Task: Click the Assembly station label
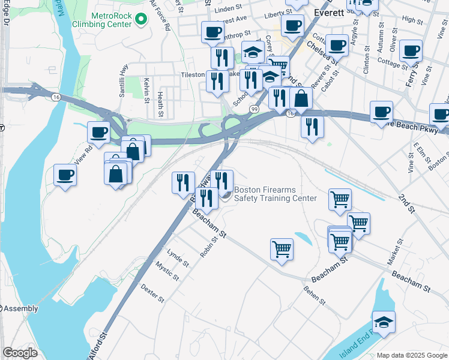coord(22,308)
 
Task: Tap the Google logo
coord(20,353)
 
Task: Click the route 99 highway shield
coord(255,109)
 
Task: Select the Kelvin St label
coord(146,90)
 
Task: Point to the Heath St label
coord(161,103)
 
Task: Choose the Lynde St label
coord(178,258)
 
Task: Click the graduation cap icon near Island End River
coord(384,322)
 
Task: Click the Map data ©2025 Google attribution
coord(412,355)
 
